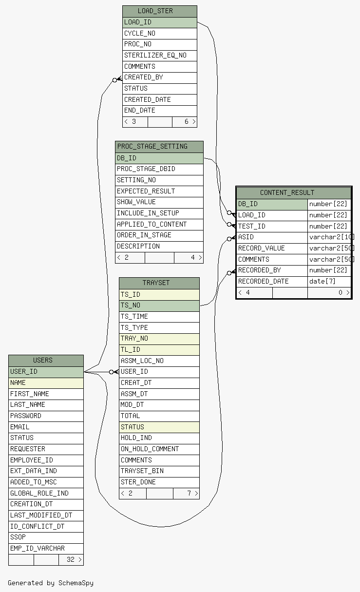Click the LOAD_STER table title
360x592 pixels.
(x=155, y=11)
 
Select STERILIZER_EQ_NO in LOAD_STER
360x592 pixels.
(x=155, y=55)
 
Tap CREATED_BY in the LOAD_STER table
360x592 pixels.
(x=144, y=77)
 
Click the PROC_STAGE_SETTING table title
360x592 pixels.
(x=152, y=146)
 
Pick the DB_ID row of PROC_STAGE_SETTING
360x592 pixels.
(x=159, y=158)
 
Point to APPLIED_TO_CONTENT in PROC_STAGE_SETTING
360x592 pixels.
(x=152, y=224)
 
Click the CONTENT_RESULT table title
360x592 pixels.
(x=287, y=192)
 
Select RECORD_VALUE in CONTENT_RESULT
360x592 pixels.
(x=261, y=248)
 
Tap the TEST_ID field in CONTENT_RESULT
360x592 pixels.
(x=252, y=226)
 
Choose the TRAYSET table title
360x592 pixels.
(x=156, y=283)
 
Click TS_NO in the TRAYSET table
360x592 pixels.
(x=130, y=305)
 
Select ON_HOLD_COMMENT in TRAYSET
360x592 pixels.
(x=150, y=449)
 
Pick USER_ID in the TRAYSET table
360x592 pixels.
(x=134, y=371)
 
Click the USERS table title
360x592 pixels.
(x=42, y=360)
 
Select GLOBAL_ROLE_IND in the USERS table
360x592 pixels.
(x=39, y=493)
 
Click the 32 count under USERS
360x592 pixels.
(x=70, y=559)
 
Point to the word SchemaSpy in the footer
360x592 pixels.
(x=76, y=583)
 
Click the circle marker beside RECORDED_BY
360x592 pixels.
(x=229, y=273)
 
